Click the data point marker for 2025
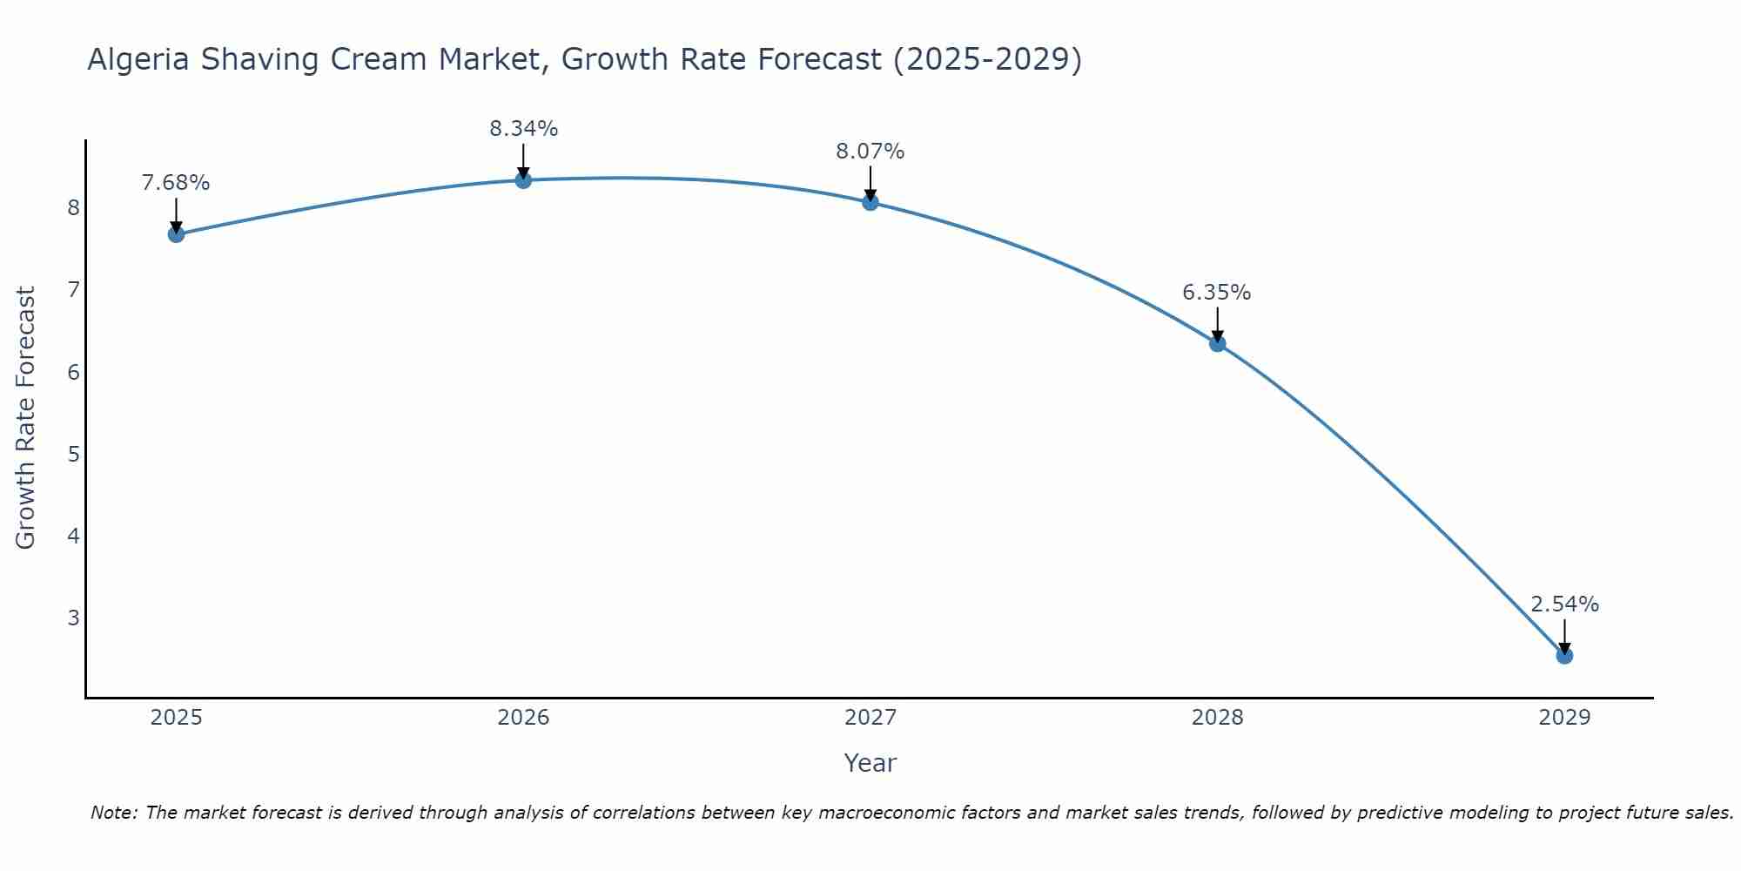pyautogui.click(x=176, y=234)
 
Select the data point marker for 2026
pyautogui.click(x=523, y=180)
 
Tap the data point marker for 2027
pyautogui.click(x=870, y=203)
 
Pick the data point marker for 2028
pyautogui.click(x=1217, y=344)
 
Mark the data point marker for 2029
pyautogui.click(x=1564, y=656)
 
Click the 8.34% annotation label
pyautogui.click(x=523, y=129)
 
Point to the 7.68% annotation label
pyautogui.click(x=176, y=183)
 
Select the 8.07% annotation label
pyautogui.click(x=870, y=152)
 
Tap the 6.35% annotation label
pyautogui.click(x=1217, y=293)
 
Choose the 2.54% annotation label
pyautogui.click(x=1564, y=604)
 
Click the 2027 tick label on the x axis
pyautogui.click(x=870, y=718)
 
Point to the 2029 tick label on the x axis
pyautogui.click(x=1564, y=718)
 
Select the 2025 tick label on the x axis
pyautogui.click(x=176, y=718)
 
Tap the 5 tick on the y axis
pyautogui.click(x=73, y=455)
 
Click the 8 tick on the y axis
pyautogui.click(x=73, y=208)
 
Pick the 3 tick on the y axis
pyautogui.click(x=73, y=618)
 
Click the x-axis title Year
pyautogui.click(x=870, y=763)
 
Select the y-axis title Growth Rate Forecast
pyautogui.click(x=26, y=418)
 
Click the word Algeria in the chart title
pyautogui.click(x=139, y=59)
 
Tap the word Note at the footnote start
pyautogui.click(x=113, y=813)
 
